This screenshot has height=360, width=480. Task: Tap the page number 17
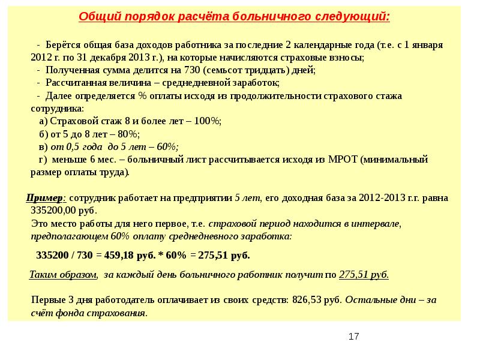tap(353, 337)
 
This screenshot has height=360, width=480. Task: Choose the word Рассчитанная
tap(76, 83)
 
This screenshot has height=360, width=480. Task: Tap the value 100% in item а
tap(208, 121)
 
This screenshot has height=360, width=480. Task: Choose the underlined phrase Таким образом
tap(63, 275)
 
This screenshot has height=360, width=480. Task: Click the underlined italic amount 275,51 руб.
tap(364, 275)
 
